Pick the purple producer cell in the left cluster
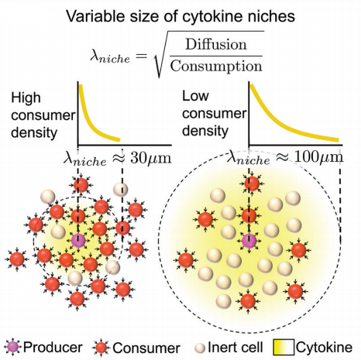click(x=79, y=241)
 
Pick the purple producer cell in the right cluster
click(x=249, y=242)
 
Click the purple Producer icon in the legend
click(x=11, y=345)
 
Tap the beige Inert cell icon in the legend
click(x=206, y=346)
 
